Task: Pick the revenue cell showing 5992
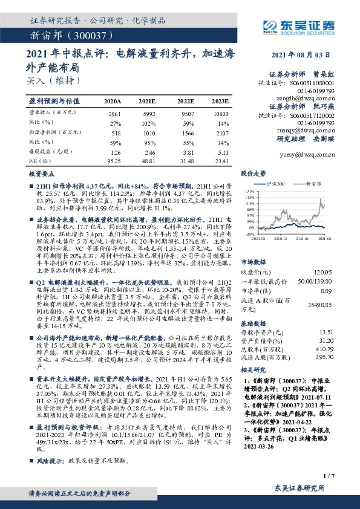149,114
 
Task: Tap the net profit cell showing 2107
222,131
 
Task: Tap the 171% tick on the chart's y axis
247,190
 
